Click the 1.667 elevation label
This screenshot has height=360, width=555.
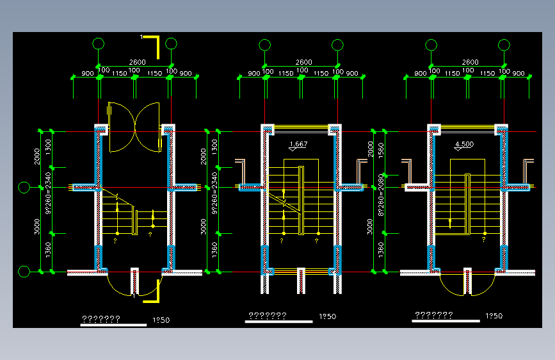(298, 144)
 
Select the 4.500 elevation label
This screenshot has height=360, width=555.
(464, 144)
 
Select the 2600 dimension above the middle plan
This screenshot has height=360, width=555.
(303, 62)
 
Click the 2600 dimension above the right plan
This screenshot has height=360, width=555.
(470, 62)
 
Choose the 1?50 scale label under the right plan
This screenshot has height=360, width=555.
(494, 316)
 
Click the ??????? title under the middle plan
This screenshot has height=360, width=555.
(267, 316)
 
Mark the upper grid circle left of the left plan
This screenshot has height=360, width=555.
(24, 188)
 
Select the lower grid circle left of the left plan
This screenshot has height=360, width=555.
(24, 272)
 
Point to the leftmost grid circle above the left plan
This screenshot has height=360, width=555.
(98, 44)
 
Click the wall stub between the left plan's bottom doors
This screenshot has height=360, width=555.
(135, 280)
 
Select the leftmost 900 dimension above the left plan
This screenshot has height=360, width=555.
(87, 74)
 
